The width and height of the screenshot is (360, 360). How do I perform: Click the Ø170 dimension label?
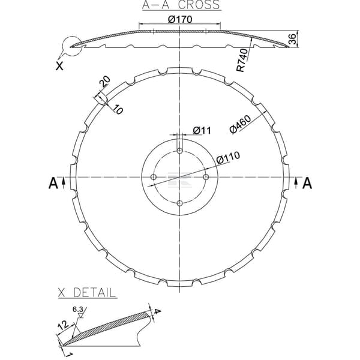click(180, 19)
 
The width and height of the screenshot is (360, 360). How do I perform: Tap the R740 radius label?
click(242, 60)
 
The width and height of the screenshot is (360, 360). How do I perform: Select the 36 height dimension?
click(292, 39)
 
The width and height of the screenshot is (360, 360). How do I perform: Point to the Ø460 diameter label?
click(240, 124)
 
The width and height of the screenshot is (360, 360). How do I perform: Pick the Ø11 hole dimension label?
click(202, 130)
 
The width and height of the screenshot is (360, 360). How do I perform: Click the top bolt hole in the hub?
click(180, 151)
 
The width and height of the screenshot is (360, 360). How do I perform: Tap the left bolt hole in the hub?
click(154, 177)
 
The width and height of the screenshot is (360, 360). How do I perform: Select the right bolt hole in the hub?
click(206, 177)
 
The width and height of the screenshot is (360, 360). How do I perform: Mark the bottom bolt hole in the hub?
click(180, 203)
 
